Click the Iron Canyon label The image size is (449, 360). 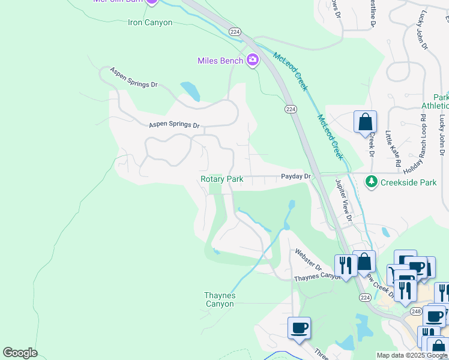pyautogui.click(x=150, y=23)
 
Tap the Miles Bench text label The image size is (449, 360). pyautogui.click(x=220, y=61)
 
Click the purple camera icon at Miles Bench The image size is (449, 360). pyautogui.click(x=253, y=60)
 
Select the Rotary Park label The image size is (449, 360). pyautogui.click(x=222, y=179)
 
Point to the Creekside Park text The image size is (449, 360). pyautogui.click(x=411, y=182)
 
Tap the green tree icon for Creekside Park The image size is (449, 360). pyautogui.click(x=372, y=181)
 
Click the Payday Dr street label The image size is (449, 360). pyautogui.click(x=296, y=176)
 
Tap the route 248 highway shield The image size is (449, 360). pyautogui.click(x=416, y=311)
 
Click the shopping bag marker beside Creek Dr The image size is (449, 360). pyautogui.click(x=365, y=123)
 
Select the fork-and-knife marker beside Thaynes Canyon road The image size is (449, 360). pyautogui.click(x=346, y=265)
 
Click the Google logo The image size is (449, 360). pyautogui.click(x=20, y=353)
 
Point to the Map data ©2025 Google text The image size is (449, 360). pyautogui.click(x=411, y=355)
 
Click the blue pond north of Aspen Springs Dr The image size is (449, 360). pyautogui.click(x=190, y=91)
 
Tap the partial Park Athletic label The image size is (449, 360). pyautogui.click(x=436, y=101)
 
